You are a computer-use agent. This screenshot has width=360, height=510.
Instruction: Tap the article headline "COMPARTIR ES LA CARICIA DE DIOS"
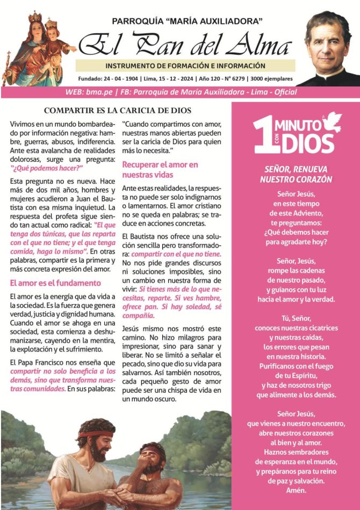pos(118,111)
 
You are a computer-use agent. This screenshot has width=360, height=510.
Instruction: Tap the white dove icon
pos(330,121)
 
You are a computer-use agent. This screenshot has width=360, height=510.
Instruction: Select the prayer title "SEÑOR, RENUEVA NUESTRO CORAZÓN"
pos(296,173)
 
